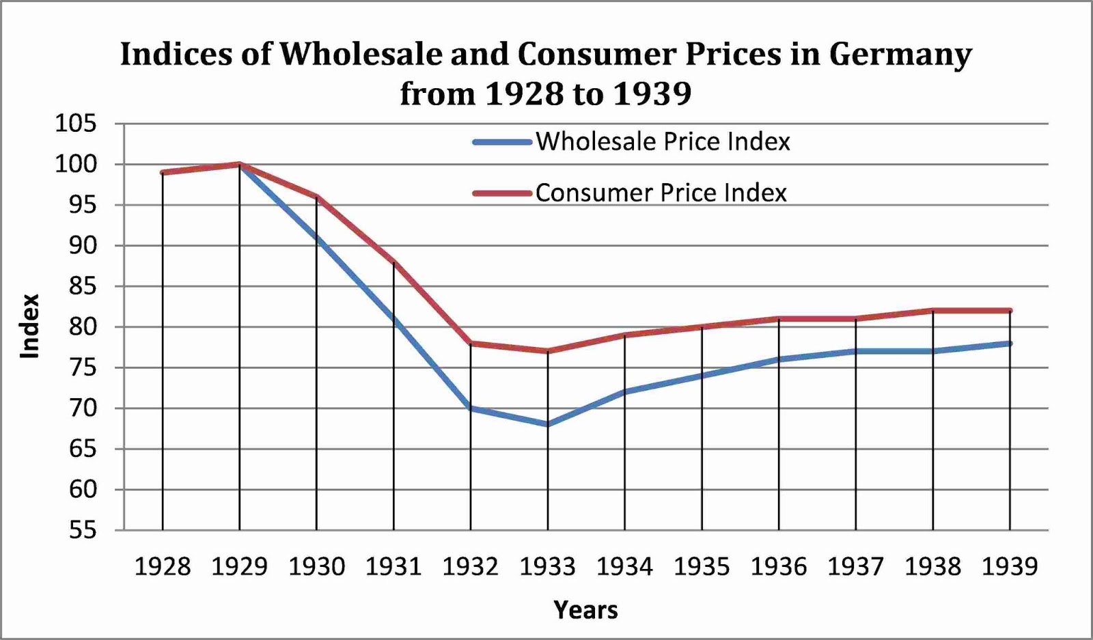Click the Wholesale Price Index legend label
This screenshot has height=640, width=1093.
point(662,141)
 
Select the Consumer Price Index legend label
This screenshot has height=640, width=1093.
point(661,193)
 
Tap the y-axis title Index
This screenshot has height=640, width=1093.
point(29,326)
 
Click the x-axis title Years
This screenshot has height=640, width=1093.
point(585,609)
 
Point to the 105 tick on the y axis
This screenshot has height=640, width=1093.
point(76,124)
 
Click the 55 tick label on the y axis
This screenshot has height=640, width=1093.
point(83,530)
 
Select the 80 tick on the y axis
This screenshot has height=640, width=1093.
point(83,326)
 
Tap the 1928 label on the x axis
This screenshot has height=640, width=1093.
point(163,566)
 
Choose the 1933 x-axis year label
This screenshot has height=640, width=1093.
point(548,566)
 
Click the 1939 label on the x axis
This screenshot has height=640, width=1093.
point(1010,566)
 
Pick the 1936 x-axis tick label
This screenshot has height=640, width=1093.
point(779,566)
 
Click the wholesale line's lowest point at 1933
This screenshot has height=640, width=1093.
point(548,424)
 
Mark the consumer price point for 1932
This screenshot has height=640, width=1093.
point(471,343)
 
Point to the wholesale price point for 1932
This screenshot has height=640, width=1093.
point(471,408)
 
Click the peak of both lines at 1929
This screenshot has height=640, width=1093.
point(240,164)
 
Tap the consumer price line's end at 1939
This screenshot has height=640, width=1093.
point(1010,311)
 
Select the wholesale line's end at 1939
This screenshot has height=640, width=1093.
point(1010,343)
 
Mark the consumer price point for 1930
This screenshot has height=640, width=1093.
point(317,197)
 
